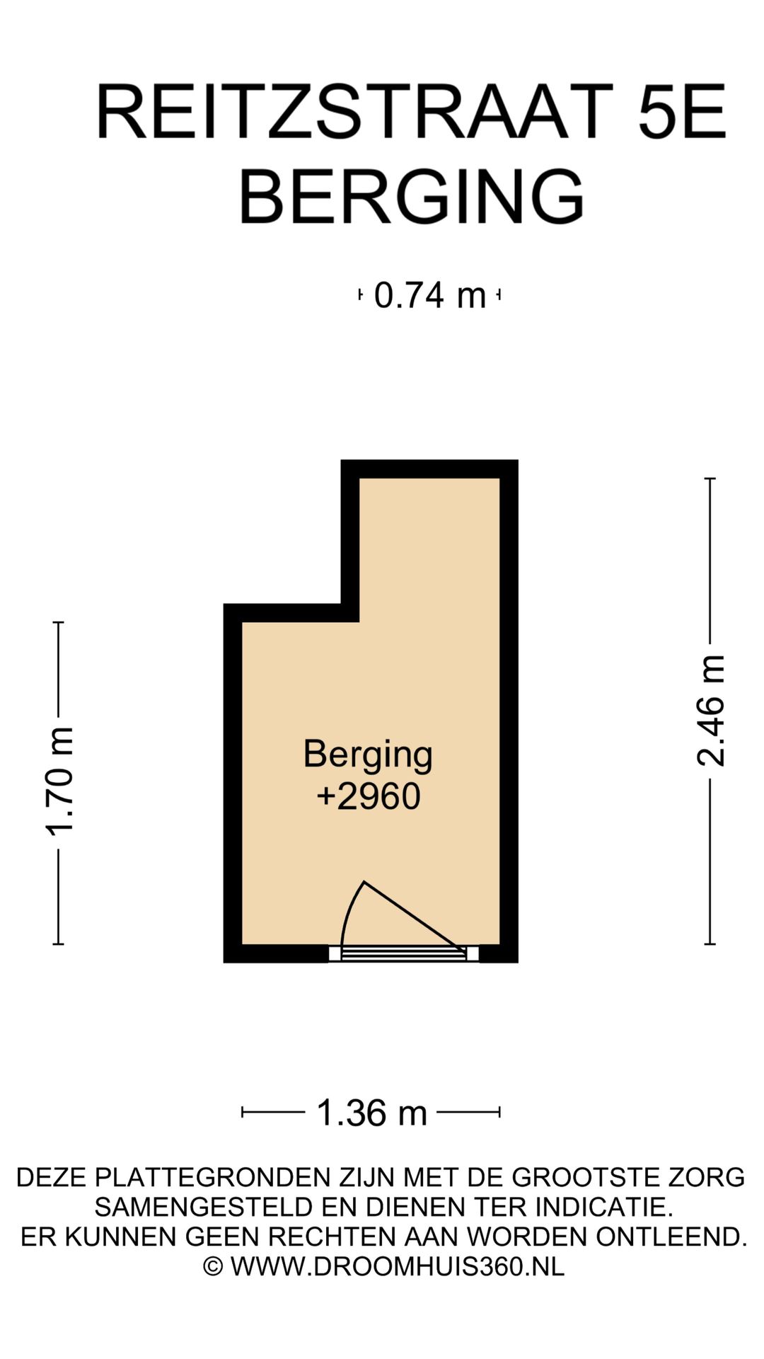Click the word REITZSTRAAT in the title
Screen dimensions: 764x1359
[x=354, y=112]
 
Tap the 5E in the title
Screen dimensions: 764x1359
[x=682, y=112]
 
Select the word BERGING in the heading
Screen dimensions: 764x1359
[x=412, y=196]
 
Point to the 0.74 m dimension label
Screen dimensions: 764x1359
[x=430, y=295]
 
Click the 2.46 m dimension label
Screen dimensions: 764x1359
[x=711, y=710]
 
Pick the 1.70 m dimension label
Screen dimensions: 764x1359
[x=59, y=781]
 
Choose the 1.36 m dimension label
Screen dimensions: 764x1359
[x=372, y=1112]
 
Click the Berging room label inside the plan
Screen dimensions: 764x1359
[x=368, y=755]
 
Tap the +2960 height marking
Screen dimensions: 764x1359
[x=368, y=796]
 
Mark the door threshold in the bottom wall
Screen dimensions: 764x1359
[x=404, y=953]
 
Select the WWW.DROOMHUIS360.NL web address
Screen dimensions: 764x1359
[x=398, y=1266]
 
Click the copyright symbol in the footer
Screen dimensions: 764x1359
[x=213, y=1266]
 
